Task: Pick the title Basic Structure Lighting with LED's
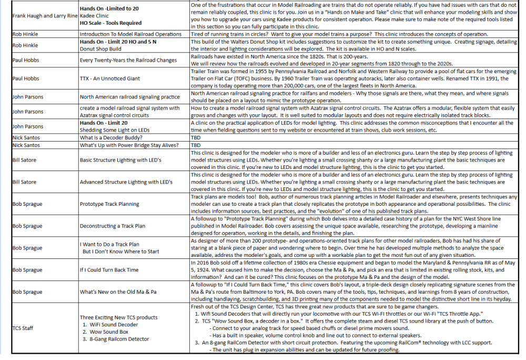click(x=124, y=159)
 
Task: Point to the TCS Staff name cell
click(x=23, y=328)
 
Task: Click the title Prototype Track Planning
click(x=109, y=204)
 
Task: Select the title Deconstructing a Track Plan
click(x=112, y=226)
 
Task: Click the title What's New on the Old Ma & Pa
click(x=118, y=292)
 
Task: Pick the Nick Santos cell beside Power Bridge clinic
click(x=25, y=145)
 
